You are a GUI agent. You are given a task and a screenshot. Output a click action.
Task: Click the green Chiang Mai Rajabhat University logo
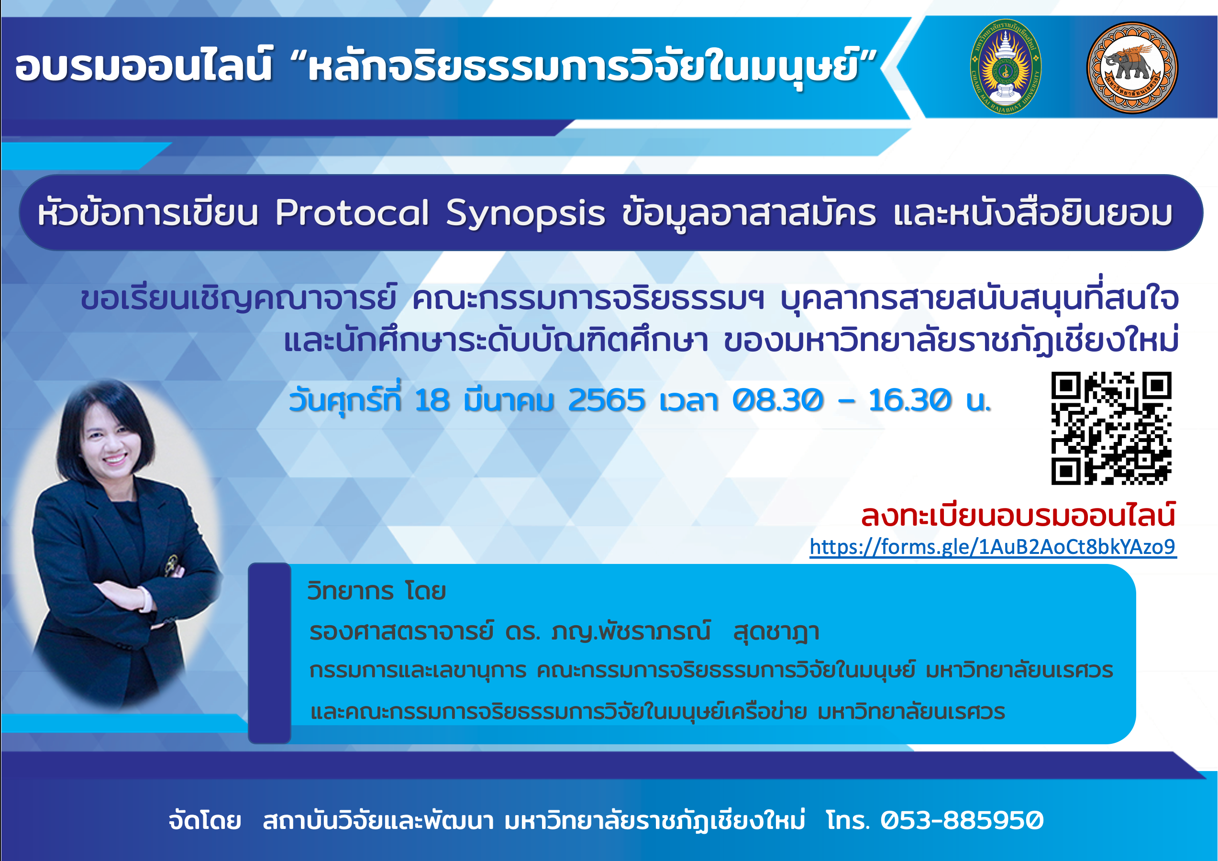[1005, 67]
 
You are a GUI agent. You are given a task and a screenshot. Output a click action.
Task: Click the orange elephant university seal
[1132, 67]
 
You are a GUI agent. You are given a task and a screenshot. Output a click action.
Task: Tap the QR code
[1111, 428]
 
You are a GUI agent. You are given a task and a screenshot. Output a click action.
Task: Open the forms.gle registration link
[993, 546]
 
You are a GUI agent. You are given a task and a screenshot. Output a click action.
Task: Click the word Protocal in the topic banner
[352, 213]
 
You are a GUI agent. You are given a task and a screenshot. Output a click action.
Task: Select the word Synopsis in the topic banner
[525, 215]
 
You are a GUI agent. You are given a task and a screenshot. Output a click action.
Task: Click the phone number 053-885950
[962, 820]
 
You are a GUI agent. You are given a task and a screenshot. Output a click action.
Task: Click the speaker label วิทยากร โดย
[376, 590]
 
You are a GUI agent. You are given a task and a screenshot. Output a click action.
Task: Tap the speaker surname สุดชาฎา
[776, 632]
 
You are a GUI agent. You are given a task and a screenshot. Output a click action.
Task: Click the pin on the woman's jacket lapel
[171, 565]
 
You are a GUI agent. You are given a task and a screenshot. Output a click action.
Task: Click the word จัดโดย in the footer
[205, 820]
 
